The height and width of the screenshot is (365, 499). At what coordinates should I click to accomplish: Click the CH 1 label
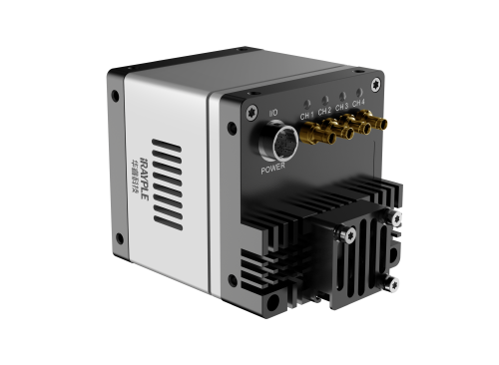306,113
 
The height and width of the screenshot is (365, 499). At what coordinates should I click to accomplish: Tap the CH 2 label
323,110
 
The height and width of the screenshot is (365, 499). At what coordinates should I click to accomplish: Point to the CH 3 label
341,106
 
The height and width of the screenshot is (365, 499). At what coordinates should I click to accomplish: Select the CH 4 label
358,102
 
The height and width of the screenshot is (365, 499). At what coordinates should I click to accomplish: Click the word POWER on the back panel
272,169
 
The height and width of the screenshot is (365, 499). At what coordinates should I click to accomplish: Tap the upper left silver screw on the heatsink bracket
348,234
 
